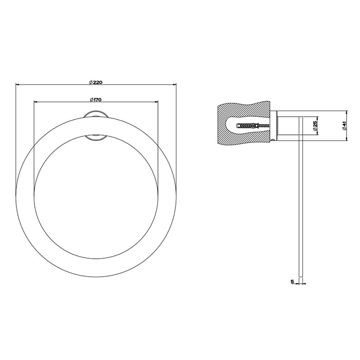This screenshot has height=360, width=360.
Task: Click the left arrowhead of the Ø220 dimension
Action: [x=18, y=84]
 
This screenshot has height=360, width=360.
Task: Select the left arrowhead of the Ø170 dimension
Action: [x=35, y=102]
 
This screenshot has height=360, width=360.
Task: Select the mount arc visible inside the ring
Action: [x=95, y=137]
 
